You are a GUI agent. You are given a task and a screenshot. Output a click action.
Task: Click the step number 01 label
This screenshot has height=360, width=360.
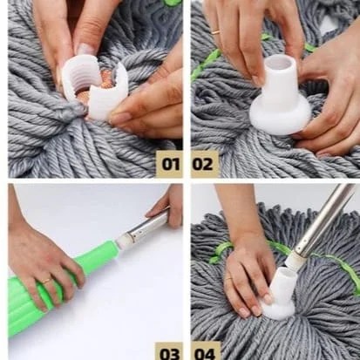pos(170,165)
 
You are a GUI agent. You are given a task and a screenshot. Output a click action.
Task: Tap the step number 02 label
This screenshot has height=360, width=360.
pos(202,165)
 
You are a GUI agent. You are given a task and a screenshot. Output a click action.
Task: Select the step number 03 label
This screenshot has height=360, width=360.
pos(170,354)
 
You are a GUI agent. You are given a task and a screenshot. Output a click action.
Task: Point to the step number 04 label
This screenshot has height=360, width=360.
pos(205,354)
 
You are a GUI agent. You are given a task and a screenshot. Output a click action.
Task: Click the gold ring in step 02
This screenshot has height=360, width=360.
pos(215,32)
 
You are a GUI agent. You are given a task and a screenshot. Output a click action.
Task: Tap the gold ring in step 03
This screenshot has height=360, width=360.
pos(47,281)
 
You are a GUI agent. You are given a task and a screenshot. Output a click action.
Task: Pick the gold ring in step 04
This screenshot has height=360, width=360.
pos(229,279)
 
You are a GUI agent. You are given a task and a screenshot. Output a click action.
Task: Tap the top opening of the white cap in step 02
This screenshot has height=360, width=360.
pos(279,61)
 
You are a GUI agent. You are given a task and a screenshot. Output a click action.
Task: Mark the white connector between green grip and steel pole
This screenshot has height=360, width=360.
pos(124,241)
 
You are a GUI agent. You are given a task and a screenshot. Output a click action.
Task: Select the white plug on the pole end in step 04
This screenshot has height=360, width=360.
pos(294,259)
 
